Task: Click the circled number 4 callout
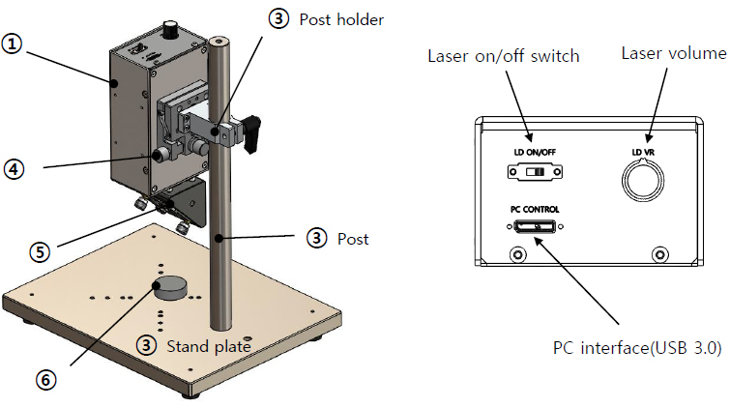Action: point(13,167)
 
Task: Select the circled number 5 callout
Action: point(40,251)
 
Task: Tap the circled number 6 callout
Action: point(42,380)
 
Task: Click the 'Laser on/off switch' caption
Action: point(503,56)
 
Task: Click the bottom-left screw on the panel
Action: point(517,254)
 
